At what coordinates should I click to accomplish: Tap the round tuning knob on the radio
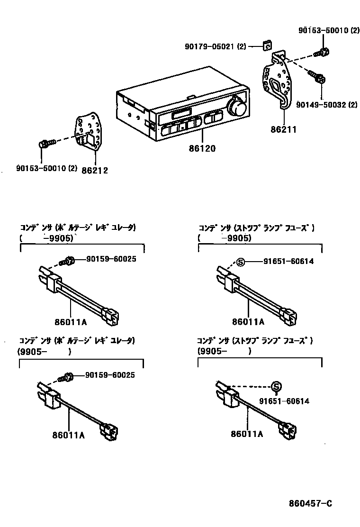tap(236, 108)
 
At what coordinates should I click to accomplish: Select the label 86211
tap(283, 128)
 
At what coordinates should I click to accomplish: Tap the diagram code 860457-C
tap(311, 503)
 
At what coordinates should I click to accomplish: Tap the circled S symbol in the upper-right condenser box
tap(240, 261)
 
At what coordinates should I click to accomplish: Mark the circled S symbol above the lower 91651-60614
tap(276, 386)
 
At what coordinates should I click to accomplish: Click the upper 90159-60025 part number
tap(111, 259)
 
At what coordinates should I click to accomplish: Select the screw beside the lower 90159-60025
tap(66, 377)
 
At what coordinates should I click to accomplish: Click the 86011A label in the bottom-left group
tap(69, 435)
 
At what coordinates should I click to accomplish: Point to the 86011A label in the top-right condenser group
tap(248, 321)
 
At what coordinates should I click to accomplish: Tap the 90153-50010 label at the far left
tap(40, 168)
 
